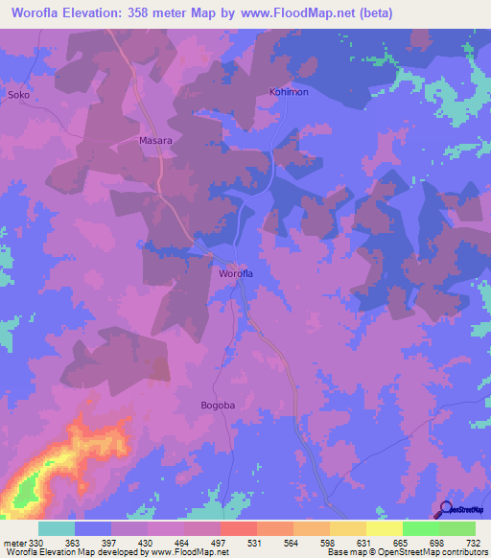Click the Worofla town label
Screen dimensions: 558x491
tap(236, 274)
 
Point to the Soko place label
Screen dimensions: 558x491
tap(19, 96)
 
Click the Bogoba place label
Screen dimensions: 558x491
tap(218, 406)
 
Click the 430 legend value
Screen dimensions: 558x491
tap(147, 543)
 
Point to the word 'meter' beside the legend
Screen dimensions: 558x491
tap(13, 543)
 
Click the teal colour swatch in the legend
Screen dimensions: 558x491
tap(57, 528)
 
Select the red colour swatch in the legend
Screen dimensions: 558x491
tap(238, 528)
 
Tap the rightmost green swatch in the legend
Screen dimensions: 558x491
tap(456, 528)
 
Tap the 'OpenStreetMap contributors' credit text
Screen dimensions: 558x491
tap(428, 553)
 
